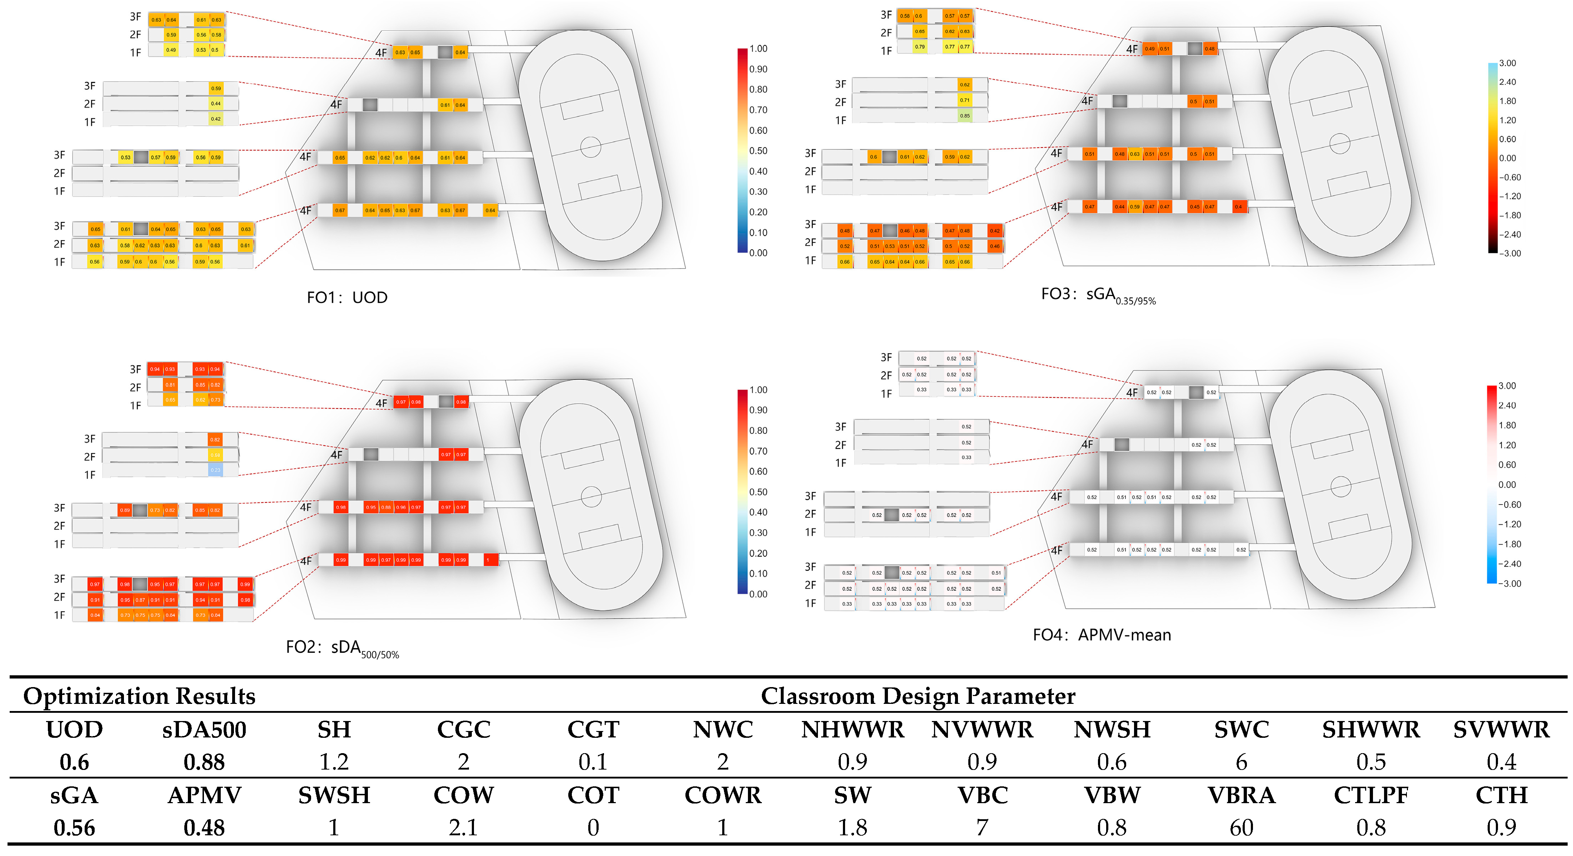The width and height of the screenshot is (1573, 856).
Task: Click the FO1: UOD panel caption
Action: (x=347, y=297)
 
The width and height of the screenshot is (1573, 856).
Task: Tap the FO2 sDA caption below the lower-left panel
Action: (x=342, y=649)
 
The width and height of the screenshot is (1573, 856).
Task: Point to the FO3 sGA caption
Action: (x=1098, y=295)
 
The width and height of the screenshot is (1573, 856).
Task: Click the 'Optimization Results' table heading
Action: (x=139, y=696)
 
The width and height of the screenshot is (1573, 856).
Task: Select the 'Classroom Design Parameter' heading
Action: (x=918, y=696)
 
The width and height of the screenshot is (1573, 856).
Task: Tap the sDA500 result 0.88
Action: (x=204, y=762)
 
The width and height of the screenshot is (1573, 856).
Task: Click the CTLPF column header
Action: (x=1371, y=795)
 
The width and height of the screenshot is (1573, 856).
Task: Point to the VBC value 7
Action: (x=982, y=828)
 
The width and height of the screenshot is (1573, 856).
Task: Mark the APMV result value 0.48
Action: (x=204, y=828)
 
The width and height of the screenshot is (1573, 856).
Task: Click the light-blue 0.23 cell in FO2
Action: (x=215, y=470)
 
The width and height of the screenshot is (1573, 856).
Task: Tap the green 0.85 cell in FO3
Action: (x=965, y=115)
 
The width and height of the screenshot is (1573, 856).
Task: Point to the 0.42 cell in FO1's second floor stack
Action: (x=215, y=119)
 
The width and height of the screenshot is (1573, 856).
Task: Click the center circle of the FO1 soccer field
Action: (x=590, y=146)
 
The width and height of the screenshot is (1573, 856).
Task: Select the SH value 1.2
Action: (x=334, y=762)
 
